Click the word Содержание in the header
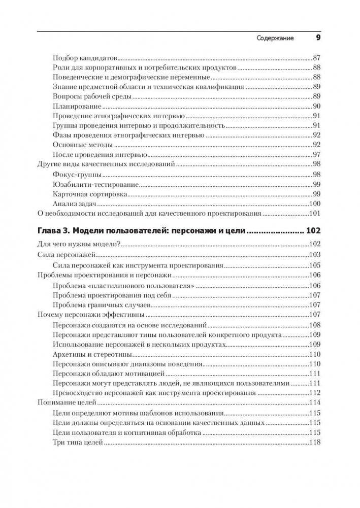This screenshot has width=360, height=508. click(x=275, y=38)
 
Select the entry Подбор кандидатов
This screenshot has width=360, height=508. click(x=85, y=58)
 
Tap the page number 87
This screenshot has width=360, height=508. click(x=317, y=58)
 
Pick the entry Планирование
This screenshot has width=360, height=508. click(x=77, y=106)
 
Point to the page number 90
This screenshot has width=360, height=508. click(x=317, y=106)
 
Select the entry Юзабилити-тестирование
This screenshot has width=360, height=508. click(x=95, y=184)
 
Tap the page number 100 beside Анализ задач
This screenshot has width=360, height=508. click(x=315, y=204)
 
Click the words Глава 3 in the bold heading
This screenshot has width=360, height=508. click(x=55, y=231)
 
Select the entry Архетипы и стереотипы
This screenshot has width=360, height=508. click(x=92, y=354)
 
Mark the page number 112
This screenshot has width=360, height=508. click(x=315, y=393)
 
